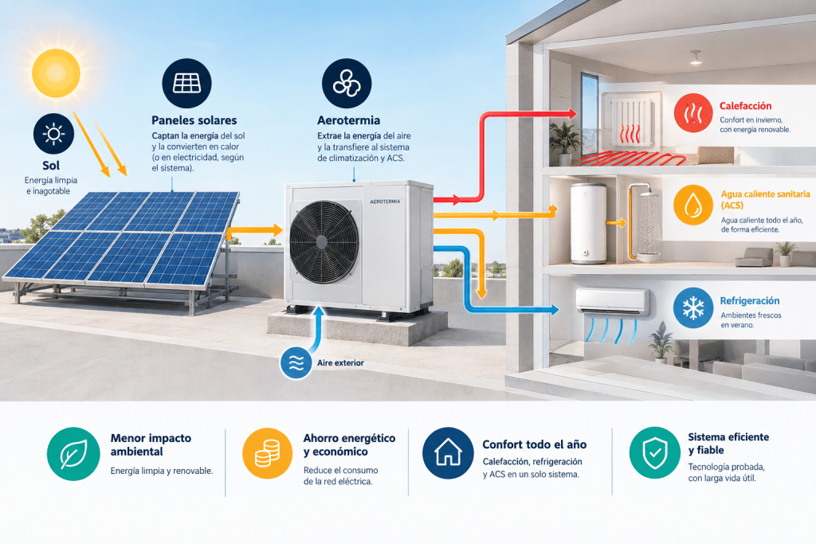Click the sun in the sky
pos(56,72)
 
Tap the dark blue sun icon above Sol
pos(53,134)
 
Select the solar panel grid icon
pos(186,83)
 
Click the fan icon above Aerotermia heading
pos(347,83)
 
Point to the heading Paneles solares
pos(194,120)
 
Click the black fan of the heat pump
pos(324,242)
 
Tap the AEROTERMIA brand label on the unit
pos(385,202)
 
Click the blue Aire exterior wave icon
pos(296,362)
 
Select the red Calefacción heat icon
pos(693,113)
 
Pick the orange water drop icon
pos(693,205)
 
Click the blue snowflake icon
pos(693,308)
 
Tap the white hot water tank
pos(589,223)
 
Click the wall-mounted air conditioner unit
pos(613,302)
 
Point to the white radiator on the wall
pos(631,123)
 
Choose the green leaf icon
pos(73,454)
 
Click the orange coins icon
pos(268,453)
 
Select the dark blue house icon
pos(448,453)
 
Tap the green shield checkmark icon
pos(655,452)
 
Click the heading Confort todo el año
pos(535,444)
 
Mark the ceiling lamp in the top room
pos(696,57)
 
